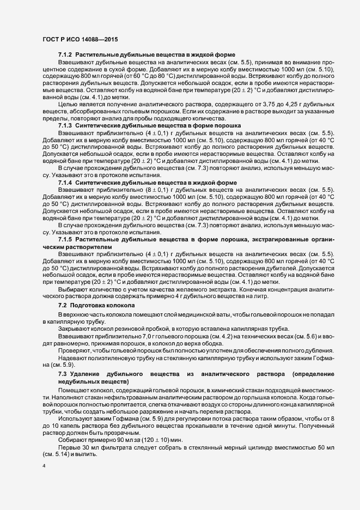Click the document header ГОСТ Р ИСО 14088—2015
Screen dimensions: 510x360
coord(80,39)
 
